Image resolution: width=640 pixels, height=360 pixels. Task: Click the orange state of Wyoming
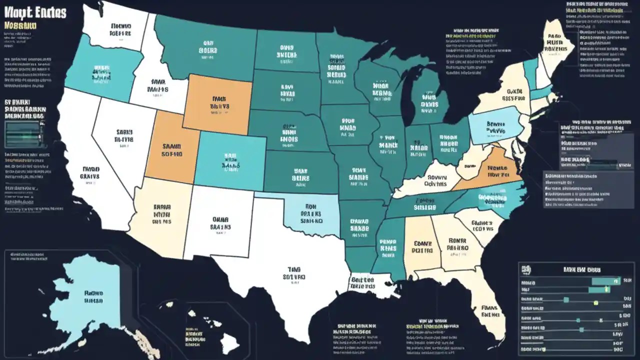[x=217, y=103]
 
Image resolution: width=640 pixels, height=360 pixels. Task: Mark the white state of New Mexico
[x=217, y=222]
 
